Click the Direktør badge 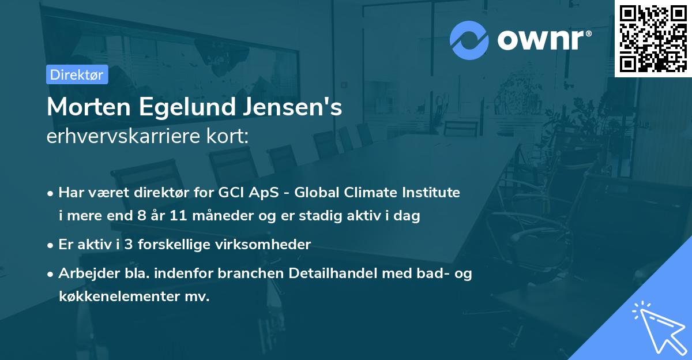tap(77, 74)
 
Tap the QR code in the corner tap(653, 38)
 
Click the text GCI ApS tap(259, 193)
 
